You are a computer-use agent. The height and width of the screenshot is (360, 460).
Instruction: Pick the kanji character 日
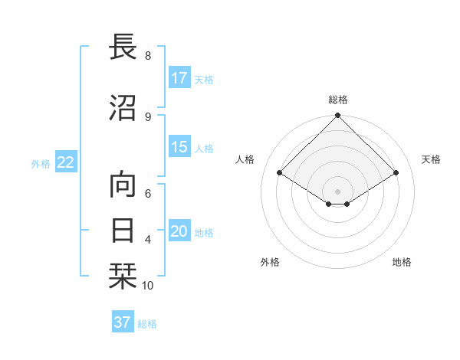(126, 230)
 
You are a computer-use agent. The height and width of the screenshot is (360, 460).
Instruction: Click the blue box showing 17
(179, 78)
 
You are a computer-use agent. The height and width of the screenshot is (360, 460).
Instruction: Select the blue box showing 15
(179, 148)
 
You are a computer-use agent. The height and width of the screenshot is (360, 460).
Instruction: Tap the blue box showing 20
(179, 232)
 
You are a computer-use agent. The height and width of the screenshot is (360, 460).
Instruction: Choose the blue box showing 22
(66, 162)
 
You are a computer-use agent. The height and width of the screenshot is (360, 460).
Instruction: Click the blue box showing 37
(123, 322)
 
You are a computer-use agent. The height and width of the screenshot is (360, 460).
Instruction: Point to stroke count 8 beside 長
(148, 56)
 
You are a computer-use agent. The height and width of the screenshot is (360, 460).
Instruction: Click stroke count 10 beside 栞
(148, 286)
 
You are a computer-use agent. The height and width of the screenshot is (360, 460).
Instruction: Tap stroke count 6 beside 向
(148, 195)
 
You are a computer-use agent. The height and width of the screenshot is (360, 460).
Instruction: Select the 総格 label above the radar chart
(338, 100)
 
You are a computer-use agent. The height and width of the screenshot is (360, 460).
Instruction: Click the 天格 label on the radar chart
(431, 159)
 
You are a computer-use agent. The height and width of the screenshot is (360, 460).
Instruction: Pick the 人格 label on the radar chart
(245, 159)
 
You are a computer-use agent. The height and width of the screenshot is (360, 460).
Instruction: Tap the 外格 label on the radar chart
(270, 262)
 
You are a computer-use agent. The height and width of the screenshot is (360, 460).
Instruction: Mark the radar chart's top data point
(338, 116)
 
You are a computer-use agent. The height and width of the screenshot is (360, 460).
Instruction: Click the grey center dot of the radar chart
(338, 190)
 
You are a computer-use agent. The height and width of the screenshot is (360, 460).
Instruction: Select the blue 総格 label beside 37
(147, 324)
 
